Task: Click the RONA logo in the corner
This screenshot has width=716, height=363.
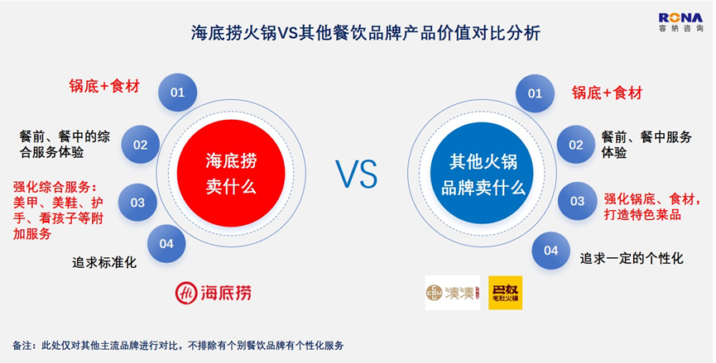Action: tap(680, 21)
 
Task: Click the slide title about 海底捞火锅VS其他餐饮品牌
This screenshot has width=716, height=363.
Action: tap(365, 33)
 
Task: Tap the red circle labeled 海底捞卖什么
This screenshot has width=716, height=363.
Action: tap(231, 174)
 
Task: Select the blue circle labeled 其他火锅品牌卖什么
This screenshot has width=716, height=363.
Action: tap(483, 173)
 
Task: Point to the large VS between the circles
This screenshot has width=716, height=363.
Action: tap(357, 174)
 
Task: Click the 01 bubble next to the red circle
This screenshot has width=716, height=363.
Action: tap(178, 93)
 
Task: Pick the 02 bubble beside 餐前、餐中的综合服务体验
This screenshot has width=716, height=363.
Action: tap(140, 145)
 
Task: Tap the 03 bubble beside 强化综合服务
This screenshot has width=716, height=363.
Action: tap(137, 202)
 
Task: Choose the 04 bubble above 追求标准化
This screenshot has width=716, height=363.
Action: tap(166, 244)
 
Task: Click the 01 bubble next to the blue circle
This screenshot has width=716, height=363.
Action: tap(536, 93)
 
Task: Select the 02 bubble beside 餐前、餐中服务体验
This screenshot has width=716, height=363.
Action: tap(576, 145)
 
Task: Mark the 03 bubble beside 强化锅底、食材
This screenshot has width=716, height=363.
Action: tap(577, 201)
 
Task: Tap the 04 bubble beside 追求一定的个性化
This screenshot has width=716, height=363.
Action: tap(551, 251)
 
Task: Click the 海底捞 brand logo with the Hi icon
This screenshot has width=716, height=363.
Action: tap(214, 293)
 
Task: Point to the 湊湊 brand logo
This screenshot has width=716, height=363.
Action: tap(453, 293)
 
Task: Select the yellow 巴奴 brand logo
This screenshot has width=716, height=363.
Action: tap(506, 293)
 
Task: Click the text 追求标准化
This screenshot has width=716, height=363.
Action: tap(104, 263)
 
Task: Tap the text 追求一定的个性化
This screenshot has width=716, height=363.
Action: tap(632, 259)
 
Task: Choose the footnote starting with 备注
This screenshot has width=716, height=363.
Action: tap(178, 345)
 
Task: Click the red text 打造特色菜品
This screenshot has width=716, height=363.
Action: tap(642, 214)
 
